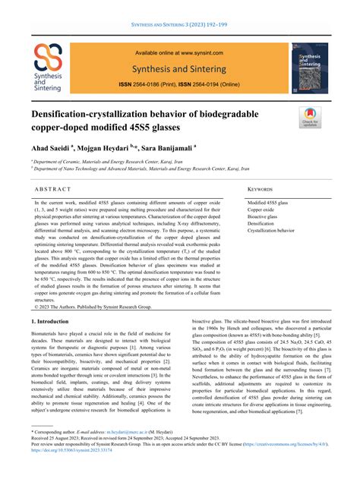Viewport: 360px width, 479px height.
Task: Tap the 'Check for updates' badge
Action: [309, 118]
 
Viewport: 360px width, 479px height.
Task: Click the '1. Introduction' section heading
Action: [50, 323]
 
